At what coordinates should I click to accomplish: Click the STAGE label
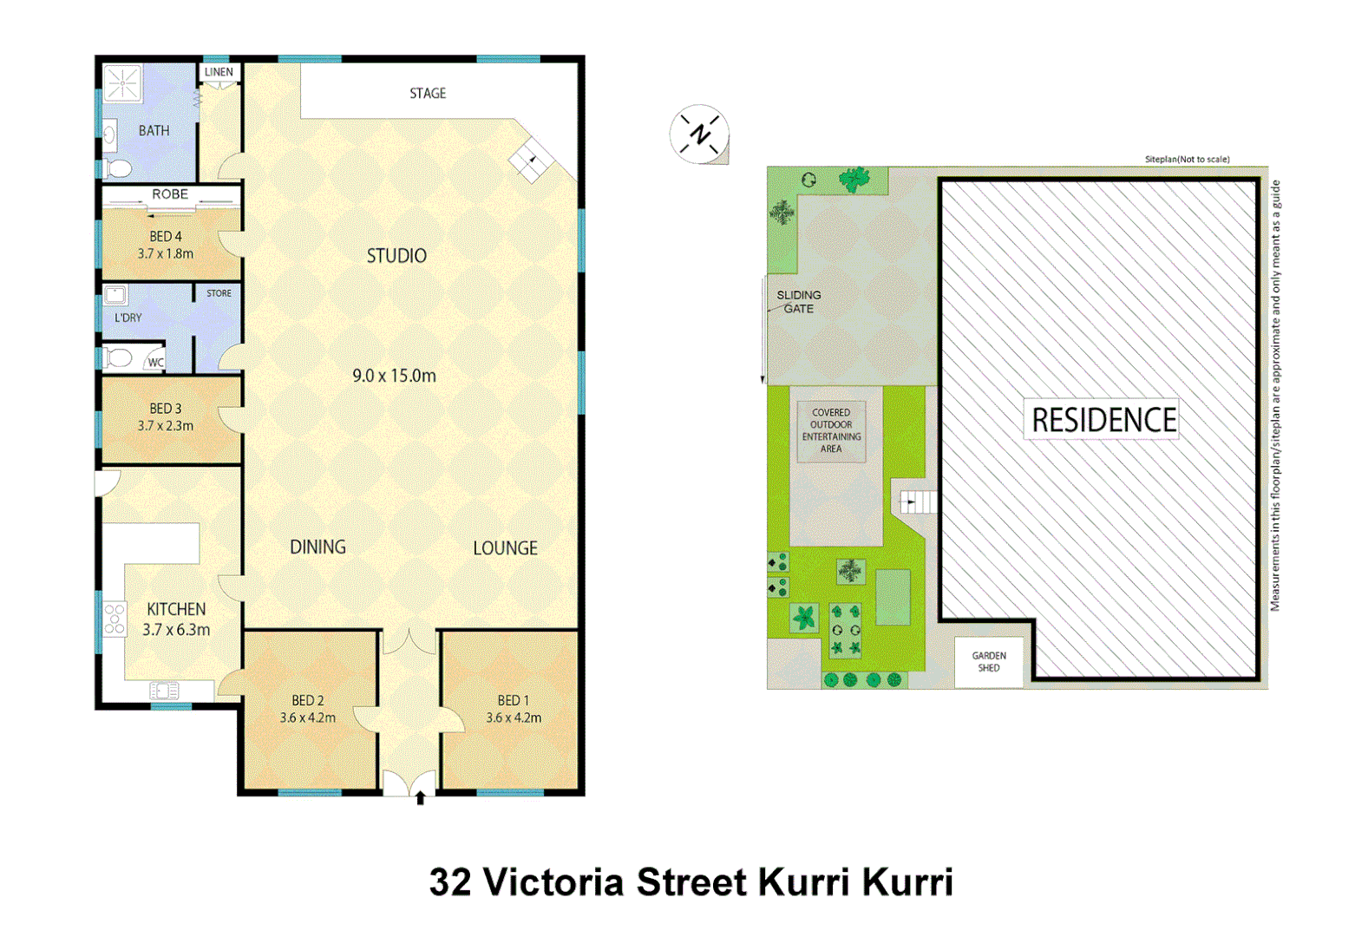pos(428,93)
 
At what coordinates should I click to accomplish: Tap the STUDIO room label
pos(396,256)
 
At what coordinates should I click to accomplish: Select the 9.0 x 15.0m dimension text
pos(394,376)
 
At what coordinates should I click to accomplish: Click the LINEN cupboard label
pos(219,72)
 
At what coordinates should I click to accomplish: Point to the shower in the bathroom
pos(122,83)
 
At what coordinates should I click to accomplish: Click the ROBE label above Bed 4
pos(170,194)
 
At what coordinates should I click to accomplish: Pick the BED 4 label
pos(166,236)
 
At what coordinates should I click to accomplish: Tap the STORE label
pos(219,293)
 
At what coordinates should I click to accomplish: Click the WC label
pos(155,363)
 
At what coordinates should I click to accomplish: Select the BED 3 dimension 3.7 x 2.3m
pos(166,426)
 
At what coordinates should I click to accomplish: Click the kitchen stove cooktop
pos(115,619)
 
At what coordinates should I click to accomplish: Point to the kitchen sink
pos(164,691)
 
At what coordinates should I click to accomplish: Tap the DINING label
pos(317,547)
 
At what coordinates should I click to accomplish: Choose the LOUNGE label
pos(505,548)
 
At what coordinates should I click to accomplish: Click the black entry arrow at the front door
pos(421,797)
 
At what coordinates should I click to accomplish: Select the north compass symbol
pos(699,134)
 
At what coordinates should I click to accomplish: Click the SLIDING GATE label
pos(798,302)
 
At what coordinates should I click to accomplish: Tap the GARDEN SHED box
pos(989,662)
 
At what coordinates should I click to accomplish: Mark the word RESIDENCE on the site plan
pos(1103,420)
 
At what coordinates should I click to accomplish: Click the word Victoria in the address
pos(553,882)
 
